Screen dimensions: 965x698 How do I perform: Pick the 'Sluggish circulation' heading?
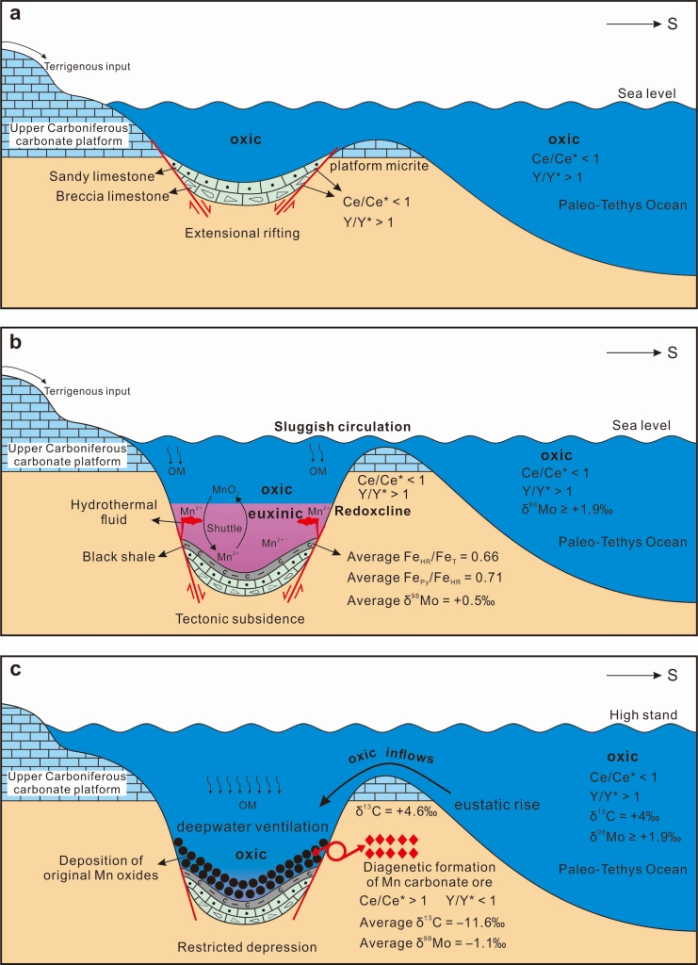point(342,427)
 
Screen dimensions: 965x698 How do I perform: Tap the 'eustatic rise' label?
point(496,805)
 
